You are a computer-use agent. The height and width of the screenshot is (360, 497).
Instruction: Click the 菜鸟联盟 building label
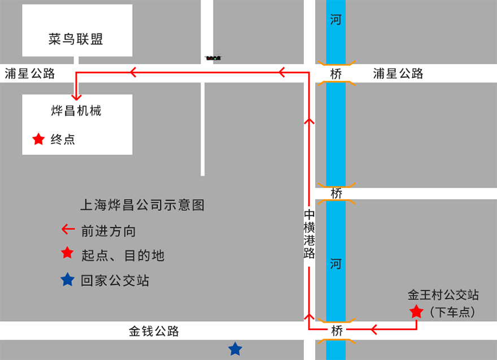coord(76,39)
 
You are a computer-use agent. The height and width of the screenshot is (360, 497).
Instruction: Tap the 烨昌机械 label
coord(76,110)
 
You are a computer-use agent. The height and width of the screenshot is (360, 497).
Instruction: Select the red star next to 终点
coord(38,139)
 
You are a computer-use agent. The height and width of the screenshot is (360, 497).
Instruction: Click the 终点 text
coord(63,139)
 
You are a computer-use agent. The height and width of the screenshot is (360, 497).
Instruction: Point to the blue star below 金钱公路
coord(235,349)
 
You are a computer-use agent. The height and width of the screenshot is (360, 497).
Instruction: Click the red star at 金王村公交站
coord(416,311)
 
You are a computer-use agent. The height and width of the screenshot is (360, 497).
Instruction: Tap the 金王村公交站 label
coord(443,295)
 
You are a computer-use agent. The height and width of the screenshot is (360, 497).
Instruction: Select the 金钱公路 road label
coord(154,331)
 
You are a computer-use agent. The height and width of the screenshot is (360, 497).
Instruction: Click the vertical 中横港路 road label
coord(309,234)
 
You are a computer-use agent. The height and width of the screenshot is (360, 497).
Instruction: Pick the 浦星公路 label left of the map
coord(30,73)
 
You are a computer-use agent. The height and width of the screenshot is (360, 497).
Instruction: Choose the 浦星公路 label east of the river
coord(398,73)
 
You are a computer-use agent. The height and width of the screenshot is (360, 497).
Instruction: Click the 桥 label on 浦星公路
coord(336,73)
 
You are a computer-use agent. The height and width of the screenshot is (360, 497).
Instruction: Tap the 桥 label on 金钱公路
coord(337,331)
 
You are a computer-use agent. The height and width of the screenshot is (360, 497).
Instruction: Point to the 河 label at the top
coord(336,20)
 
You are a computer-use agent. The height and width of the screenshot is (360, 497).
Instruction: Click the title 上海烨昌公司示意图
coord(142,205)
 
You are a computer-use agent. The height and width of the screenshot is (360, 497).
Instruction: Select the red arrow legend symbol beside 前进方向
coord(68,229)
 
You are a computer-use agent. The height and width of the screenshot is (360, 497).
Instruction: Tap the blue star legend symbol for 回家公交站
coord(68,279)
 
